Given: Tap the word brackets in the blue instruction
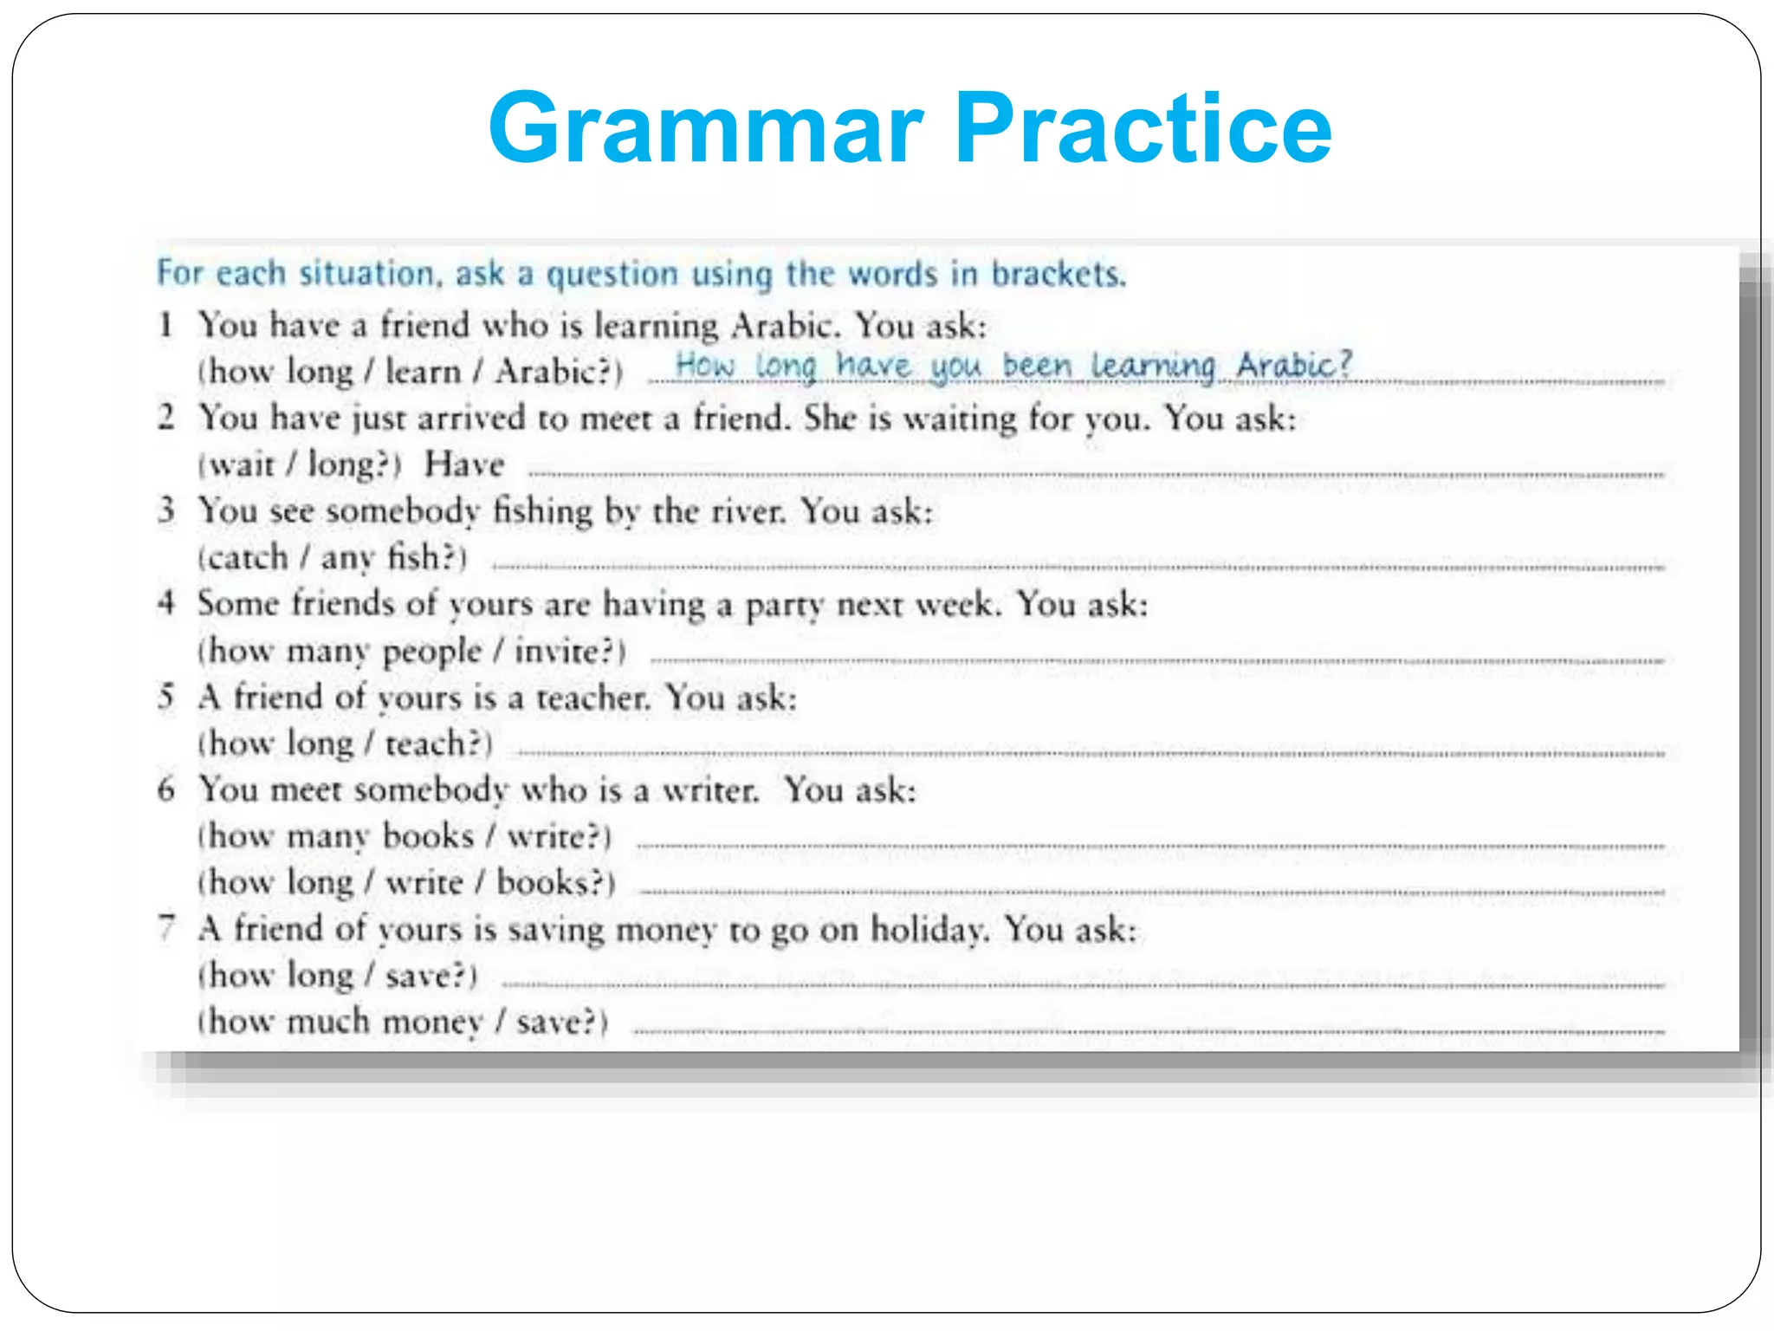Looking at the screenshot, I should point(1058,274).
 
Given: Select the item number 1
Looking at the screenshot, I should point(165,325).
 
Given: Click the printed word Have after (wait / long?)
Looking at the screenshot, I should point(464,464).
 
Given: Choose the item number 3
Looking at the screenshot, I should point(166,510).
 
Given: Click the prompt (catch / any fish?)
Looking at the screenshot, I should point(333,557).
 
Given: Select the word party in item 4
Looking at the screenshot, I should point(784,605).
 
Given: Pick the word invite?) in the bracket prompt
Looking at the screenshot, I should point(570,651).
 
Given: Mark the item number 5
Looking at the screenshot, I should point(166,696).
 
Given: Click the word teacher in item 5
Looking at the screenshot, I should point(592,698).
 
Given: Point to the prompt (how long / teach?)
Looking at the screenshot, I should point(345,743).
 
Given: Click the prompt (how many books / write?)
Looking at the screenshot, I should point(405,836).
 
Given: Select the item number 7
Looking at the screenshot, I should point(166,928).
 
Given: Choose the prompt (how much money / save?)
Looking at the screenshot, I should point(403,1022).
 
